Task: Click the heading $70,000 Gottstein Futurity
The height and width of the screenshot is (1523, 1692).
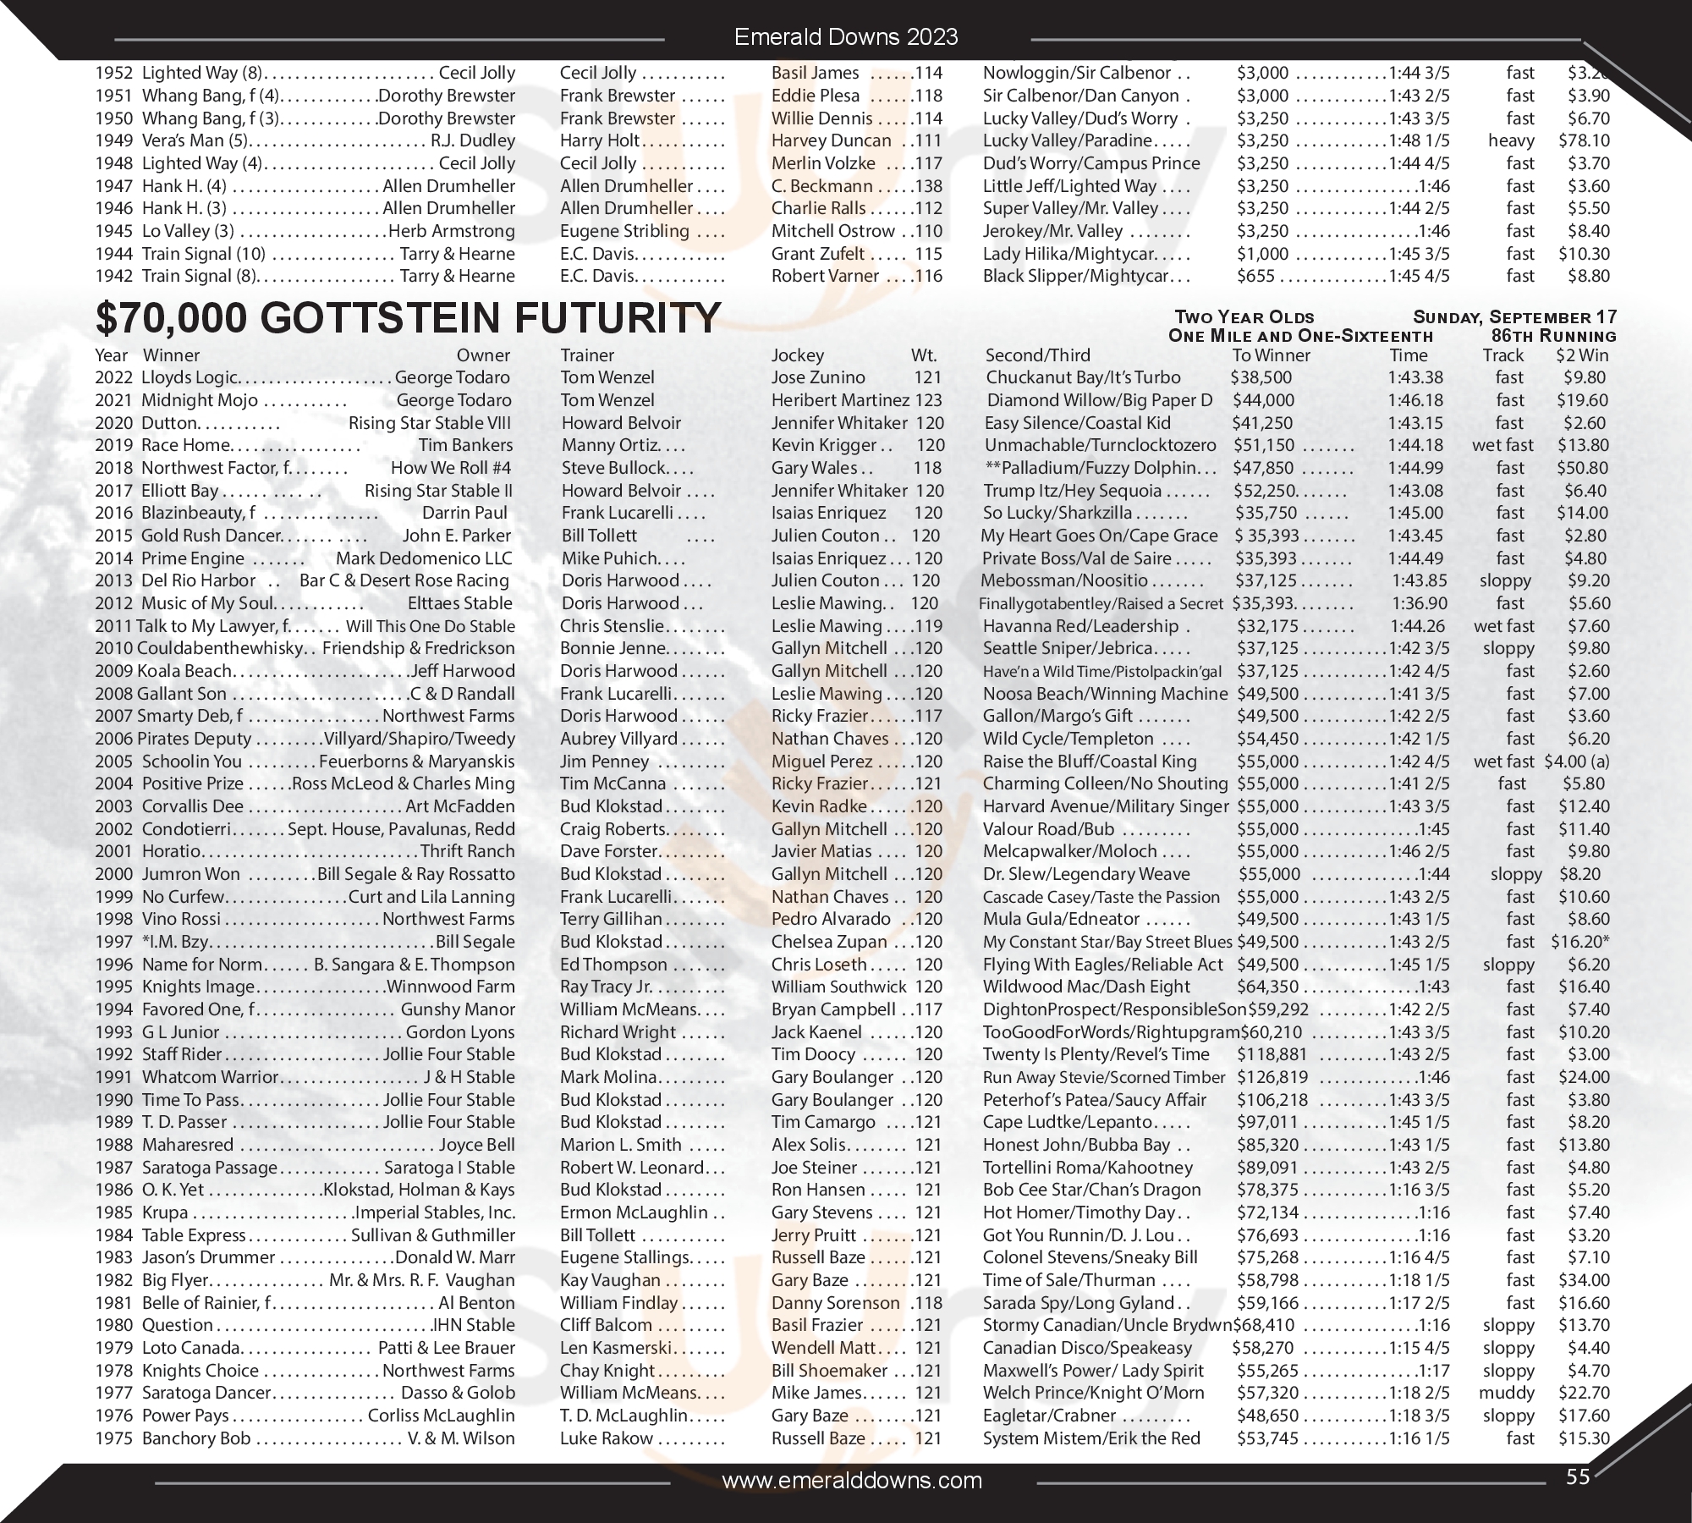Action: click(408, 318)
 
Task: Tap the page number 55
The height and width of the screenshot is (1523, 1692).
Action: click(1578, 1476)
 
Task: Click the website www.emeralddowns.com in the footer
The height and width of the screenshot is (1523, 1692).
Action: click(852, 1480)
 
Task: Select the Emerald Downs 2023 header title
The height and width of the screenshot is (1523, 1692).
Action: click(846, 37)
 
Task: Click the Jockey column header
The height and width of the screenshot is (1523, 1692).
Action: click(797, 355)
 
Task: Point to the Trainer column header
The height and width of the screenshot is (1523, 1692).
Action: click(587, 355)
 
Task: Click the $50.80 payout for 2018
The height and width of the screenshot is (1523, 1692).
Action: click(1583, 468)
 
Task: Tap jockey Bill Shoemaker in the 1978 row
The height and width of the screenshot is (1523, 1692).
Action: click(829, 1371)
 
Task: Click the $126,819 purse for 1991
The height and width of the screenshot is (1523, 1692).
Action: click(1272, 1077)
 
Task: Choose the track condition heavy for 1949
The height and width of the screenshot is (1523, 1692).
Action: click(1511, 140)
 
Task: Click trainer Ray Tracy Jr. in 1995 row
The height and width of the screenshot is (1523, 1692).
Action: click(606, 987)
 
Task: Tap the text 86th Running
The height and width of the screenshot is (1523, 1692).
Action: click(1554, 336)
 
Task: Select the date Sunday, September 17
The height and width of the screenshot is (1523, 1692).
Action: click(1514, 317)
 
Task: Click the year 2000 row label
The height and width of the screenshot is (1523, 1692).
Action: click(114, 874)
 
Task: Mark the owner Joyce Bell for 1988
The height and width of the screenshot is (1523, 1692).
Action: click(476, 1145)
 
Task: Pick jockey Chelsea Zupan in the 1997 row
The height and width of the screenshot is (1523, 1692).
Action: click(828, 942)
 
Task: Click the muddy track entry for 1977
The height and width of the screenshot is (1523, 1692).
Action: click(1506, 1393)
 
